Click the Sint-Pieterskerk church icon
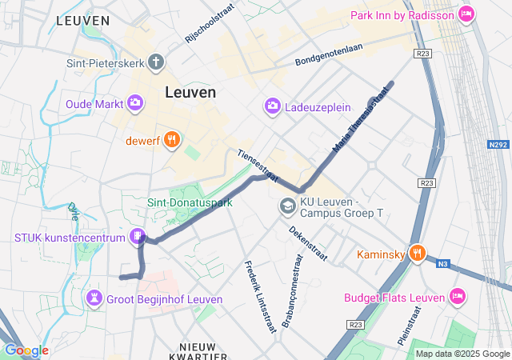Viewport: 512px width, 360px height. [x=155, y=62]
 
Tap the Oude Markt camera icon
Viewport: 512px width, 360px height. [x=134, y=102]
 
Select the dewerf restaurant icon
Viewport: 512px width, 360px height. [x=172, y=141]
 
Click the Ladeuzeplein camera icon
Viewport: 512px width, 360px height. [x=273, y=106]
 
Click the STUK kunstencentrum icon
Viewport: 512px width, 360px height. [x=138, y=237]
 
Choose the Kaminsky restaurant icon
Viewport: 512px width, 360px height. [x=416, y=254]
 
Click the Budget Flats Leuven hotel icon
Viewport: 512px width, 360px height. [x=457, y=297]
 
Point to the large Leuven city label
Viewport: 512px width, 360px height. [x=190, y=92]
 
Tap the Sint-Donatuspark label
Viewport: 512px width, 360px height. [x=190, y=203]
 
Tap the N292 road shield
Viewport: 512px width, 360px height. [x=498, y=146]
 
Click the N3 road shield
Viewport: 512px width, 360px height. [x=443, y=263]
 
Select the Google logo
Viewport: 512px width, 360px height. [x=26, y=350]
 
